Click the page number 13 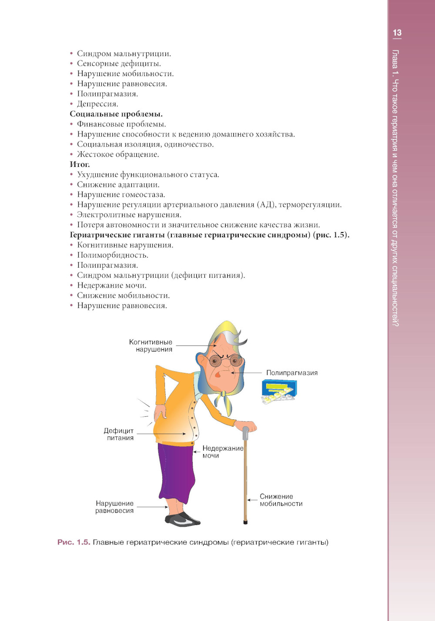point(397,33)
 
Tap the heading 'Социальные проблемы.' point(116,114)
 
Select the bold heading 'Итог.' point(80,164)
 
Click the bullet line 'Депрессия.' point(97,104)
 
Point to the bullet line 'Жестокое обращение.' point(118,154)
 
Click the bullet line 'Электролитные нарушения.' point(129,215)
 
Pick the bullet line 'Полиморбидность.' point(112,255)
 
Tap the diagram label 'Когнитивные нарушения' point(151,345)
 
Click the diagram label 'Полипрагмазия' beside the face point(291,373)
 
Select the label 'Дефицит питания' point(119,434)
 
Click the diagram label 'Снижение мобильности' point(281,500)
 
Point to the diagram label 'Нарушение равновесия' point(114,507)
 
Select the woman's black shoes point(183,519)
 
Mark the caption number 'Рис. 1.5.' point(74,542)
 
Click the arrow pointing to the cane point(252,500)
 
